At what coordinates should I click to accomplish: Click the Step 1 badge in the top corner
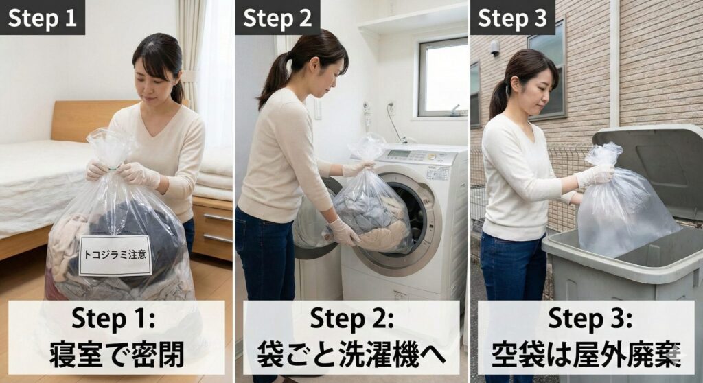(x=42, y=17)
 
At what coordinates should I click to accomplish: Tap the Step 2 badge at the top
(x=277, y=17)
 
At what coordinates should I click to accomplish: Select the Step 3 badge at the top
(x=512, y=17)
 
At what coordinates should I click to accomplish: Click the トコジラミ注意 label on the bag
(x=115, y=255)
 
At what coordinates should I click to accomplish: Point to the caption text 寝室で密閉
(x=117, y=354)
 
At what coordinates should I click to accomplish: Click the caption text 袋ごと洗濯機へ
(x=351, y=354)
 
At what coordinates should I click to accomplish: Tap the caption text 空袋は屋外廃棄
(x=586, y=354)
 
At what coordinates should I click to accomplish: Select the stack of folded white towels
(x=214, y=174)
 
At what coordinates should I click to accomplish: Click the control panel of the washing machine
(x=415, y=156)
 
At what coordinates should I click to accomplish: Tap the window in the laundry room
(x=443, y=77)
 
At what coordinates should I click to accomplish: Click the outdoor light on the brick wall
(x=494, y=47)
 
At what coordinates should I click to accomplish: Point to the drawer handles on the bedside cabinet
(x=218, y=228)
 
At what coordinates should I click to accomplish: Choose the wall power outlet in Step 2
(x=391, y=108)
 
